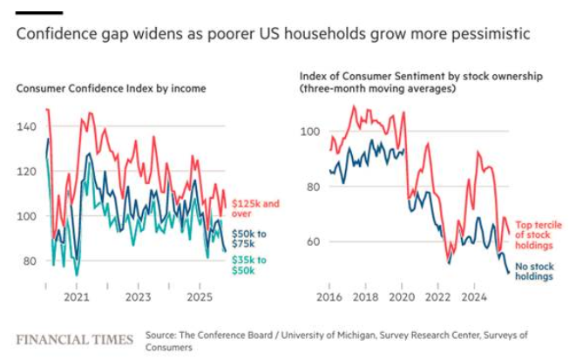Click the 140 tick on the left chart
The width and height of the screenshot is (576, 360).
coord(27,126)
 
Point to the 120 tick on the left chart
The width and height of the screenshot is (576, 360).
coord(27,172)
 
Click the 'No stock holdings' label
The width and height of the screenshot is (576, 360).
coord(533,272)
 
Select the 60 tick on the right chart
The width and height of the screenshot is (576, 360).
coord(312,241)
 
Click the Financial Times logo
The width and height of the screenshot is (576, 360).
coord(75,339)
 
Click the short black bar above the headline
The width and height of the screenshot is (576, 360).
coord(39,12)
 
